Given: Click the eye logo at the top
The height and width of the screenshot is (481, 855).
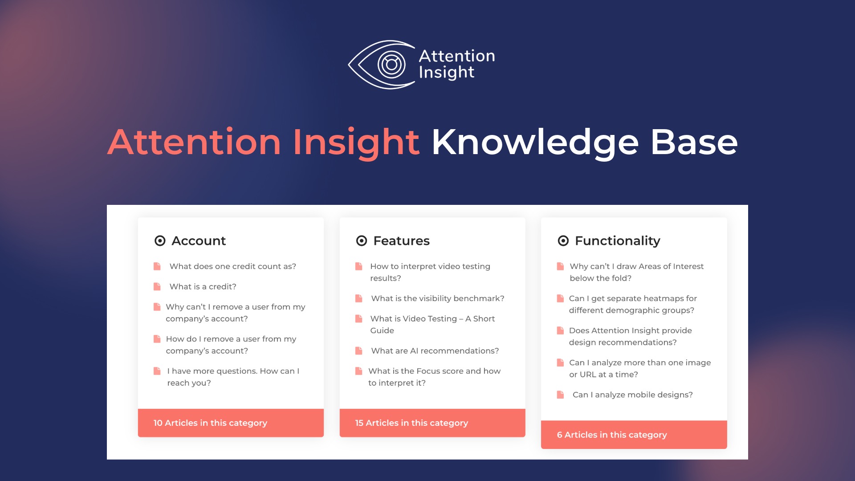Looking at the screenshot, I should coord(382,65).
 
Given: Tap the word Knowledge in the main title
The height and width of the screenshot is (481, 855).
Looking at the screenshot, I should coord(535,143).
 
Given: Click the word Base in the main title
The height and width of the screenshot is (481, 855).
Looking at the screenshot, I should coord(694,143).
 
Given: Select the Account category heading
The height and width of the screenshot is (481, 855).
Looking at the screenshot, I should coord(199,241).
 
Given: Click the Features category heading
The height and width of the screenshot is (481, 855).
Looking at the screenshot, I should coord(401,241).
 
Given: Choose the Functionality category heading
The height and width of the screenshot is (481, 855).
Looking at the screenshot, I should coord(617,241).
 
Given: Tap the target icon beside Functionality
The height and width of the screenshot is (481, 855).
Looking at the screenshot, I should coord(563,241).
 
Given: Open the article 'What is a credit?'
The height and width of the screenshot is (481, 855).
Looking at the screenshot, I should coord(203,287).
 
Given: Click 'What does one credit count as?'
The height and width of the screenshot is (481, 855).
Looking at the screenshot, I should coord(232,266).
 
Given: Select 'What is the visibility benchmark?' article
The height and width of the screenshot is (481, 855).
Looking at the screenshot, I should coord(437,298).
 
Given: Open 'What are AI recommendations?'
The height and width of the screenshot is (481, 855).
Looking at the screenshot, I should coord(435,351).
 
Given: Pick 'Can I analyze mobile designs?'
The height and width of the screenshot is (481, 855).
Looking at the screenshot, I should coord(632,395).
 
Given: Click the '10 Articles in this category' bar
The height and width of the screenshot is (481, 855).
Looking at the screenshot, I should coord(231,423).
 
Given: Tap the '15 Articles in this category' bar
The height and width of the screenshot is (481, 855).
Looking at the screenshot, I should coord(432,423).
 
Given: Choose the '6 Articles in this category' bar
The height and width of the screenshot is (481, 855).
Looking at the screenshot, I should coord(634,435).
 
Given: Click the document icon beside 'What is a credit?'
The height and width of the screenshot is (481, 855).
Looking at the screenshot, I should coord(157,287).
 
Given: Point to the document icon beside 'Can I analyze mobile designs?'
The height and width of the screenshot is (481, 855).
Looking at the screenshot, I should coord(561,395).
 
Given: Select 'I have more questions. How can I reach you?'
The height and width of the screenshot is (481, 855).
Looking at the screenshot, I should coord(233,377).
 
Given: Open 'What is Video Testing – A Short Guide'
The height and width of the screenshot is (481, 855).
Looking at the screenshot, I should coord(432,325).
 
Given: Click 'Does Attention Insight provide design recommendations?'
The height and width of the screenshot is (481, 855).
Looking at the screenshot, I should coord(630,336).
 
